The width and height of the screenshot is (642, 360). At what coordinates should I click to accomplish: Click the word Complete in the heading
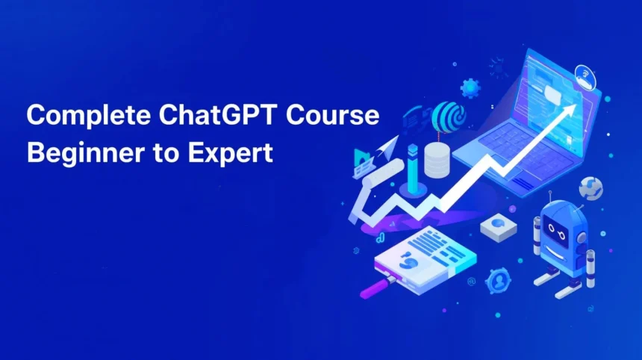pos(88,116)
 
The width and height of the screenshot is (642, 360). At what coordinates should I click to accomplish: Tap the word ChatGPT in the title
pos(217,115)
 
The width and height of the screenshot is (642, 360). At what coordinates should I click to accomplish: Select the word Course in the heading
pos(332,115)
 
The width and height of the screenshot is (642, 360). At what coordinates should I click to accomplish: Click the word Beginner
pos(85,153)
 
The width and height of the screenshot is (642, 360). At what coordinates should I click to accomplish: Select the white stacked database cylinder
pos(437,160)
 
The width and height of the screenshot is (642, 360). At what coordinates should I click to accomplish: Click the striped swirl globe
pos(449,116)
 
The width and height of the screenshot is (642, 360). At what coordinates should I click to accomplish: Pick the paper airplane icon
pos(386,148)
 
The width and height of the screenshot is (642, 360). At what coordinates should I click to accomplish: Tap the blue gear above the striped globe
pos(470,87)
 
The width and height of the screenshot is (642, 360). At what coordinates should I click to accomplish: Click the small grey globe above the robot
pos(590,188)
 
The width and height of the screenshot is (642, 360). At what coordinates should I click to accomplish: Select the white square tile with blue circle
pos(498,227)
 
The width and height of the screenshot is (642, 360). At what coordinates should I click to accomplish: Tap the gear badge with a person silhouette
pos(498,281)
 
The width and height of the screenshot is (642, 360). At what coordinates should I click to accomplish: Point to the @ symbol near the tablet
pos(472,282)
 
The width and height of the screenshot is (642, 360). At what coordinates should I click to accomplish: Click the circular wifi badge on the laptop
pos(585,77)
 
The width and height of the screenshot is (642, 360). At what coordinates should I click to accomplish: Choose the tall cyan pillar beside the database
pos(413,168)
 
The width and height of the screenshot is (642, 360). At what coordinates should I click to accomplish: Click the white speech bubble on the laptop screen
pos(552,94)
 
